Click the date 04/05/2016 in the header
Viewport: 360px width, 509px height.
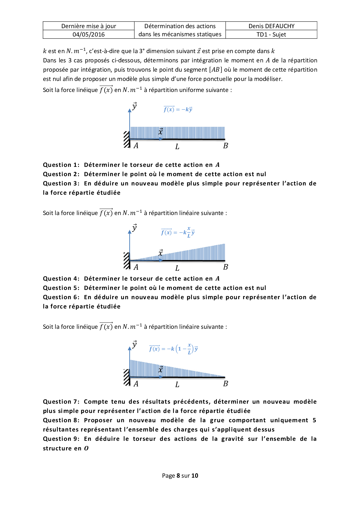point(89,35)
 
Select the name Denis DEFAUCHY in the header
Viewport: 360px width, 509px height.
point(271,26)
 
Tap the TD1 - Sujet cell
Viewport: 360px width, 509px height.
point(271,35)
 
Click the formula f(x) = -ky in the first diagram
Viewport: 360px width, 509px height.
point(178,109)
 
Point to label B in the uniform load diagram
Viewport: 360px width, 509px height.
point(226,146)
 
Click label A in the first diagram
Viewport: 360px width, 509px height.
point(136,146)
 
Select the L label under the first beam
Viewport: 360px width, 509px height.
point(177,147)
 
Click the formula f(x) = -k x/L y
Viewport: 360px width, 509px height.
point(178,232)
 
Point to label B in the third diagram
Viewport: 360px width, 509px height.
point(226,384)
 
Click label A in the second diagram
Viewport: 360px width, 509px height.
point(136,267)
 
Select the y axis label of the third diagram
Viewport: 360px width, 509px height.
point(134,344)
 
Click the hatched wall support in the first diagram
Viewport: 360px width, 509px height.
point(127,140)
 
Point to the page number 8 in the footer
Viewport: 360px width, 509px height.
point(178,476)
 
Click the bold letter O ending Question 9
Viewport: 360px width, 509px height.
point(86,449)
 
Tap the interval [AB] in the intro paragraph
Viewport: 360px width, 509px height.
point(216,70)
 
